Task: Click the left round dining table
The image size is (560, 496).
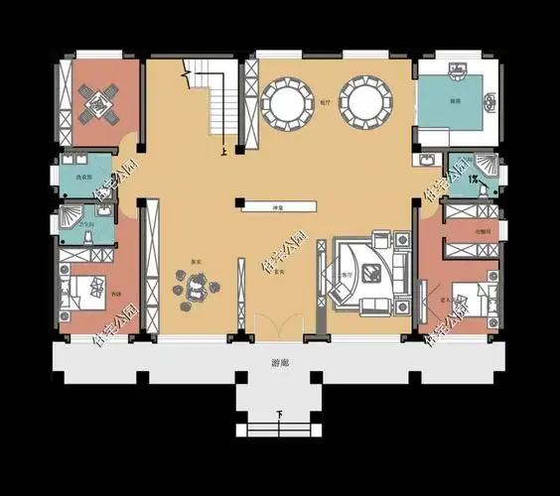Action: click(287, 103)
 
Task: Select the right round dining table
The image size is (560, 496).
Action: click(365, 102)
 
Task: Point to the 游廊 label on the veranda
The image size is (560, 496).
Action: click(280, 364)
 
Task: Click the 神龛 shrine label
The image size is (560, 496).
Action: click(278, 206)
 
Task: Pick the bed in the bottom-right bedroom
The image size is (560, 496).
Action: click(467, 298)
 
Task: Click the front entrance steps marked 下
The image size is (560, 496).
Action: click(279, 428)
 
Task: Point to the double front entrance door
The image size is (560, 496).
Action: click(280, 328)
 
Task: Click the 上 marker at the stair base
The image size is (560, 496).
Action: click(224, 152)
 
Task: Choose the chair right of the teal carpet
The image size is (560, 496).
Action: click(491, 100)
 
